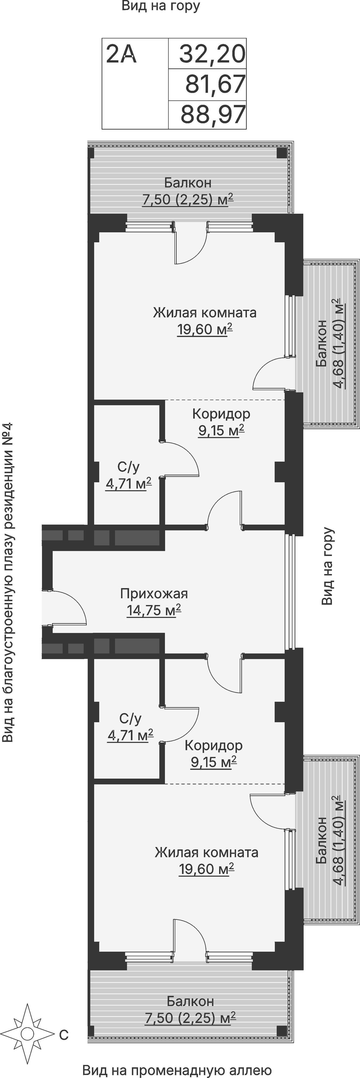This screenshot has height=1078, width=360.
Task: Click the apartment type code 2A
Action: pyautogui.click(x=122, y=54)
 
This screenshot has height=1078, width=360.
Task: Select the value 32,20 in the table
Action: pyautogui.click(x=212, y=54)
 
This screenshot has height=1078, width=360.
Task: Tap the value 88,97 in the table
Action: pyautogui.click(x=213, y=115)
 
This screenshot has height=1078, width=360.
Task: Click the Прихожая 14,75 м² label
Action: pyautogui.click(x=154, y=602)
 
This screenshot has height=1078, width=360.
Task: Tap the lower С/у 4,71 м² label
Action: pyautogui.click(x=130, y=727)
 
